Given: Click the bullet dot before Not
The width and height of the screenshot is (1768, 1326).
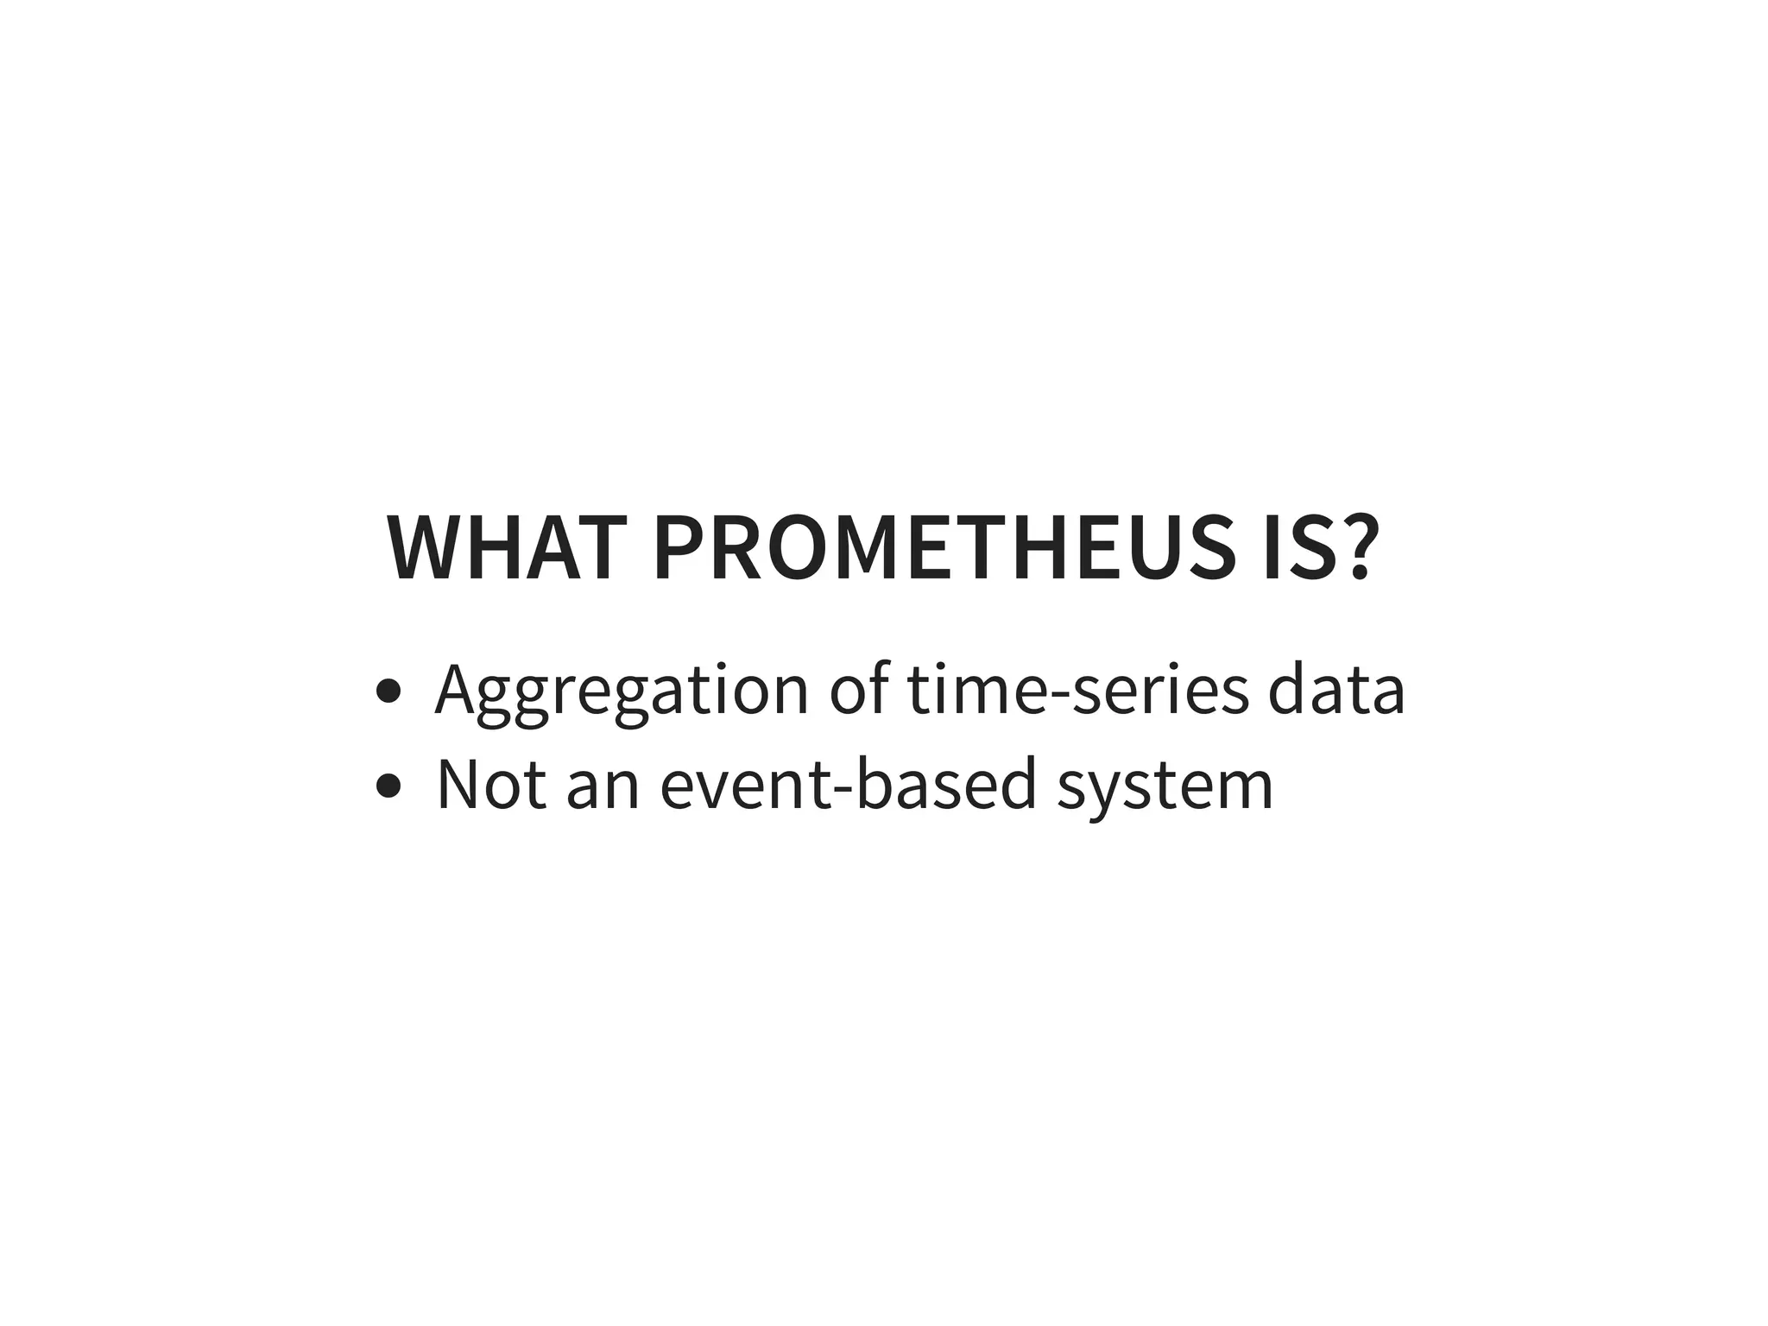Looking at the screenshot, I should tap(389, 786).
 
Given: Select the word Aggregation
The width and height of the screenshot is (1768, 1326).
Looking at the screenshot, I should tap(622, 691).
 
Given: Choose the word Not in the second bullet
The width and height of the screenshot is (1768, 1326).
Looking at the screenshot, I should tap(491, 784).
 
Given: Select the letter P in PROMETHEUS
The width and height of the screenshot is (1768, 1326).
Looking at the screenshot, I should tap(679, 550).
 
